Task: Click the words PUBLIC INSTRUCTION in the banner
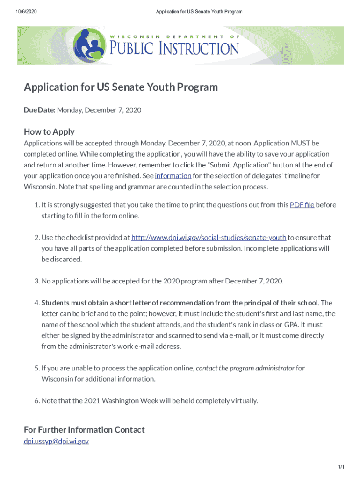[174, 48]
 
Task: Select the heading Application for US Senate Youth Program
[121, 87]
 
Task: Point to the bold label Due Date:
[40, 110]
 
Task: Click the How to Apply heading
[49, 131]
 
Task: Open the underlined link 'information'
[173, 176]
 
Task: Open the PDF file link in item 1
[302, 205]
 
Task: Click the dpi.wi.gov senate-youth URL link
[209, 238]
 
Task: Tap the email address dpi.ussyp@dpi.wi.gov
[56, 441]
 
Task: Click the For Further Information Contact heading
[84, 429]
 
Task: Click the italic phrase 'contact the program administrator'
[245, 368]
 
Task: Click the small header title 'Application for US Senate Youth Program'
[199, 11]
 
